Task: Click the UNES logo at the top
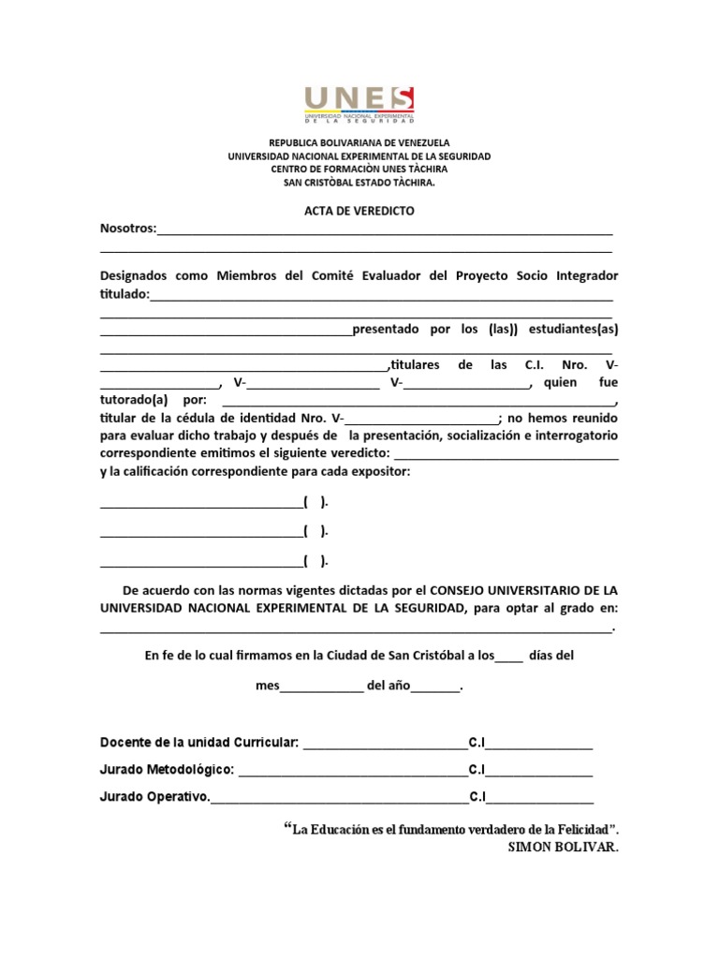pyautogui.click(x=359, y=104)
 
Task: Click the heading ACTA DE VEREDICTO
pyautogui.click(x=359, y=211)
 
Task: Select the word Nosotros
pyautogui.click(x=127, y=229)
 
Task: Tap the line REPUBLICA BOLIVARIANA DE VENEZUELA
pyautogui.click(x=359, y=143)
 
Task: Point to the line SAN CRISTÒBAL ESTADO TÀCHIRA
pyautogui.click(x=359, y=183)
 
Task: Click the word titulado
pyautogui.click(x=124, y=294)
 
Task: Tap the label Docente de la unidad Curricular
pyautogui.click(x=199, y=743)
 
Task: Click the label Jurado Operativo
pyautogui.click(x=154, y=798)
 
